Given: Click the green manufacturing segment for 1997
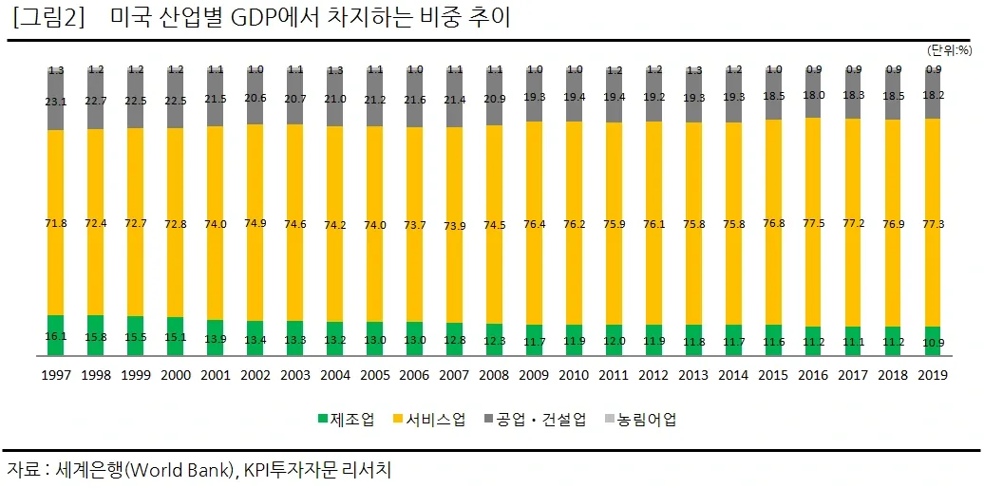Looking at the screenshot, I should tap(56, 335).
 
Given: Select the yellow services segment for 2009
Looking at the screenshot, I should tap(535, 223).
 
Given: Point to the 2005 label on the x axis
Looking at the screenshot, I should tap(375, 375).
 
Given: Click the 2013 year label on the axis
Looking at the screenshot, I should tap(694, 375).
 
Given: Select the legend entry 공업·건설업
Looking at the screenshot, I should tap(535, 419).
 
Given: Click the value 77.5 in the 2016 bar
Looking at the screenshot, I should tap(813, 222).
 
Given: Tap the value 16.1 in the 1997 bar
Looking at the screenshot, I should tap(56, 337).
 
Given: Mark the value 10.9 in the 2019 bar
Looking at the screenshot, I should tap(933, 343).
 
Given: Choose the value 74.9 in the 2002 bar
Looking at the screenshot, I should tap(255, 223).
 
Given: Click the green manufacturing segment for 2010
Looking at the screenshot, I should tap(575, 340).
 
